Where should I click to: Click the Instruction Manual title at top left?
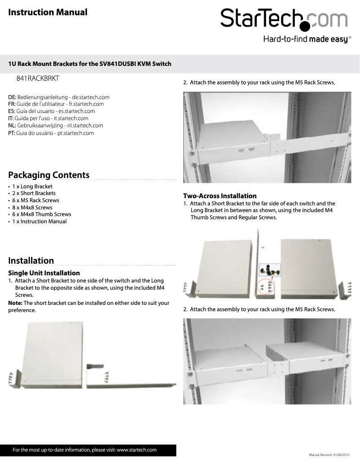point(48,12)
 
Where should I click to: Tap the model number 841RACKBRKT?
point(38,78)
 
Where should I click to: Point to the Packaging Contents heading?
point(49,175)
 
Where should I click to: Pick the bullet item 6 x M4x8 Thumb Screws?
point(41,214)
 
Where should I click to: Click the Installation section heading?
point(31,261)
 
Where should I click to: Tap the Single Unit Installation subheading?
point(44,273)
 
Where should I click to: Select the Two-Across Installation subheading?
point(220,196)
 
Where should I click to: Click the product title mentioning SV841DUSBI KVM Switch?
point(90,64)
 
